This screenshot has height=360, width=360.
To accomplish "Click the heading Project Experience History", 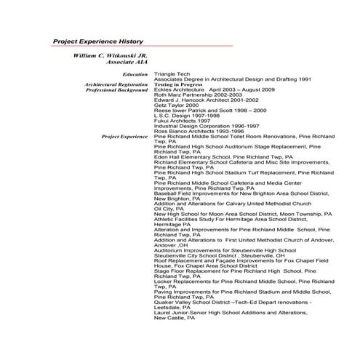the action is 98,41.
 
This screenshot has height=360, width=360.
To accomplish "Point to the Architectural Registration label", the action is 116,84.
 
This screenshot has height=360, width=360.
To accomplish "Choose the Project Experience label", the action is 125,136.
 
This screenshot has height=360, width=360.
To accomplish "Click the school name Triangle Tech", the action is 172,74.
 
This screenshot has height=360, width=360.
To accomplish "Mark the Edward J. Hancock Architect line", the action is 198,100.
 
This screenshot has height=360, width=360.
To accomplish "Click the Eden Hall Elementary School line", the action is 223,156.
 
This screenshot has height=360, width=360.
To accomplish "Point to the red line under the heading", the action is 143,47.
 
